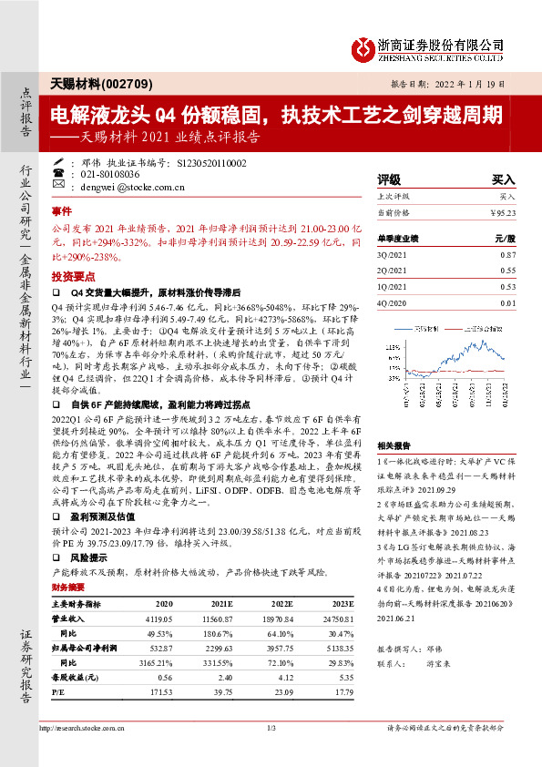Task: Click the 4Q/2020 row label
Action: [391, 302]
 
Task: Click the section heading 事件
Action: [62, 210]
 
